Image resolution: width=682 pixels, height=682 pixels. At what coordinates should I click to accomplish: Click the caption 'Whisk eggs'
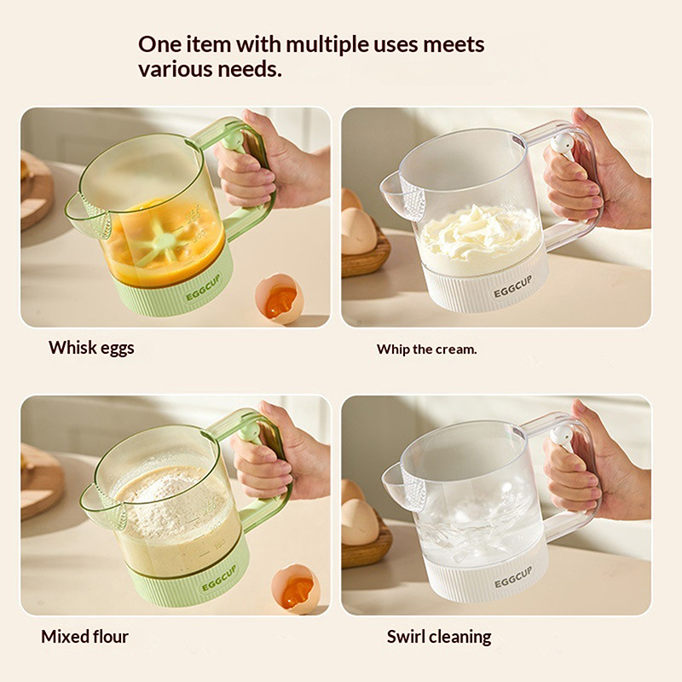[x=91, y=348]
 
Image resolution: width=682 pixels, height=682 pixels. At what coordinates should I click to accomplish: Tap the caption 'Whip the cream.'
[x=427, y=350]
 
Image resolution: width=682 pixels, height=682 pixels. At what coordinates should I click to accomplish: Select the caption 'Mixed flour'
[x=84, y=637]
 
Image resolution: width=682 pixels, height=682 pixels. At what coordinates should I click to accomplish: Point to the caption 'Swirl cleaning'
[x=439, y=637]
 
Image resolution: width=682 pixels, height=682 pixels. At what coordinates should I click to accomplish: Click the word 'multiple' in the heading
[x=327, y=45]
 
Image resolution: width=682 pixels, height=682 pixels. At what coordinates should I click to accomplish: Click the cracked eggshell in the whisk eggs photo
[x=279, y=298]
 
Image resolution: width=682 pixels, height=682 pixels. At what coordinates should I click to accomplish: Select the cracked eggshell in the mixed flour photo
[x=296, y=589]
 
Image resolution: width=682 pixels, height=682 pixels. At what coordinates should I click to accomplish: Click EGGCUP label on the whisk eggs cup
[x=203, y=288]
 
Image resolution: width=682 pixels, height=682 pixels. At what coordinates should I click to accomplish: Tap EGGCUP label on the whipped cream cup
[x=513, y=287]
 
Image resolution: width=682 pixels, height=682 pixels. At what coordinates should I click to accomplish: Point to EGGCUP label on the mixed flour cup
[x=219, y=578]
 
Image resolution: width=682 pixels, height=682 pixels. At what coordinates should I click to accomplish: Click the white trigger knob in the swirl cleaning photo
[x=562, y=436]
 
